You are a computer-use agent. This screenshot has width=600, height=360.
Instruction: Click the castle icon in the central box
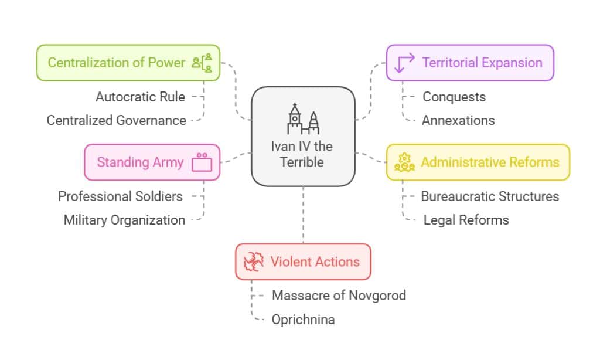pos(302,120)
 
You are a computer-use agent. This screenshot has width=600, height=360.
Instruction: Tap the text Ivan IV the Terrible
pos(302,154)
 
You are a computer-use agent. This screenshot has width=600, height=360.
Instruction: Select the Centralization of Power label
pos(116,63)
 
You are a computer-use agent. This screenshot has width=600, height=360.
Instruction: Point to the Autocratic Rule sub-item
pos(141,97)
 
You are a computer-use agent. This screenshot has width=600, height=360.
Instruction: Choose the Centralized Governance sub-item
pos(117,120)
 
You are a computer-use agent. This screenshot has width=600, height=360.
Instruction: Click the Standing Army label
pos(140,162)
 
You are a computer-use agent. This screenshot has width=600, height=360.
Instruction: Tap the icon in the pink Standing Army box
pos(202,162)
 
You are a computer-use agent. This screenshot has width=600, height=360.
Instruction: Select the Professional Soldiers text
pos(120,196)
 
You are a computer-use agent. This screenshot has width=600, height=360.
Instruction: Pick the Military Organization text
pos(124,220)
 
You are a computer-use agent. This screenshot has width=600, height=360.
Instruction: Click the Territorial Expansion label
pos(482,63)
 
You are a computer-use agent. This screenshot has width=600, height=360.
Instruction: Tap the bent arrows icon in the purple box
pos(405,63)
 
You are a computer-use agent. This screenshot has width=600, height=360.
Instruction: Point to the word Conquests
pos(454,97)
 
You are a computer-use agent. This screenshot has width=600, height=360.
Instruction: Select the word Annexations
pos(458,120)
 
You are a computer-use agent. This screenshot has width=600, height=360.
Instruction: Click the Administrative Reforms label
pos(490,162)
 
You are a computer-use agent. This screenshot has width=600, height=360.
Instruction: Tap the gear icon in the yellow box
pos(404,162)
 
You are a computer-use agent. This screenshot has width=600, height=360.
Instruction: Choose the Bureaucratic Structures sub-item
pos(490,196)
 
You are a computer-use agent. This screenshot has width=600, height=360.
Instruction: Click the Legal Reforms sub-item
pos(466,220)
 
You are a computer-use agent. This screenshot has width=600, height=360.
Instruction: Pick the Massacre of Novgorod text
pos(339,295)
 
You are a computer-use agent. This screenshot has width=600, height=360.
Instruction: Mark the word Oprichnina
pos(304,320)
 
